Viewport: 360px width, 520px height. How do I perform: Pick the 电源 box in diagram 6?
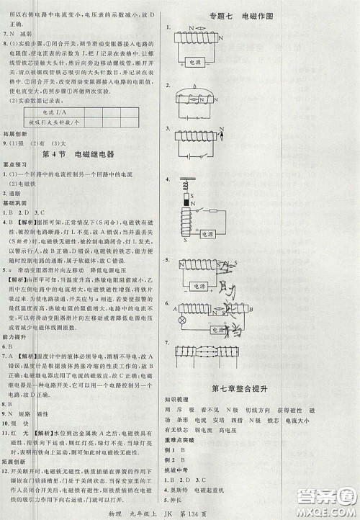click(x=217, y=329)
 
